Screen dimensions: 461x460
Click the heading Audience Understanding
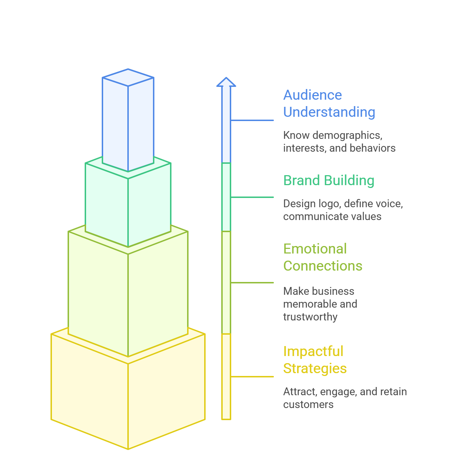[x=329, y=104]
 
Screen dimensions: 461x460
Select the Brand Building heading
[x=328, y=180]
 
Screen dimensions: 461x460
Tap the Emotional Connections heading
[x=323, y=257]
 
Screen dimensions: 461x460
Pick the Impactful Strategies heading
[x=315, y=360]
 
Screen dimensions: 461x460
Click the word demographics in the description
[x=347, y=136]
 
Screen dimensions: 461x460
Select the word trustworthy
[x=310, y=317]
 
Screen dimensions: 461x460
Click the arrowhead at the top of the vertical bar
[x=226, y=82]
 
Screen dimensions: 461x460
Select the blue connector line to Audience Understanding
[x=252, y=120]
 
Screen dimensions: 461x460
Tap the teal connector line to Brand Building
[x=252, y=197]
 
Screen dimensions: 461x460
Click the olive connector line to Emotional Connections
[x=252, y=283]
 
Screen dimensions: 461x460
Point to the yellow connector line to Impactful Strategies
[x=252, y=377]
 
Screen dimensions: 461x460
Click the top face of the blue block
[x=128, y=77]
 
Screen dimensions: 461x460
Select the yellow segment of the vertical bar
[x=226, y=377]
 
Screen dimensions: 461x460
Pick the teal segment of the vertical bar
[x=226, y=197]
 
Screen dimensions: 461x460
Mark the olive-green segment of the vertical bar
[x=226, y=283]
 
